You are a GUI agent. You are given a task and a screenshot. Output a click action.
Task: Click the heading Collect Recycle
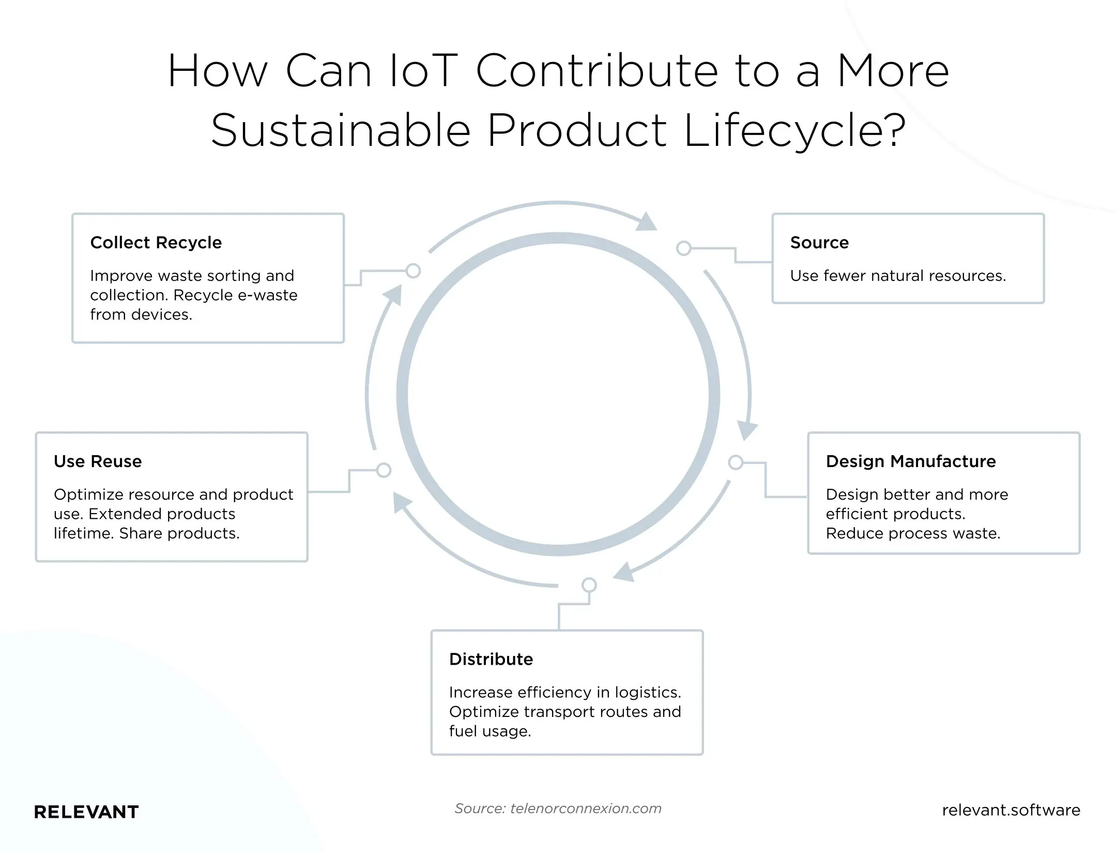point(156,243)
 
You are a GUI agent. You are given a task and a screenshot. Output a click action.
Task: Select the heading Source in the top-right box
point(819,243)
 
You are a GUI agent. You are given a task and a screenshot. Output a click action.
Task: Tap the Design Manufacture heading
point(910,461)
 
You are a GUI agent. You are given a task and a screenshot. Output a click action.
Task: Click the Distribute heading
point(491,660)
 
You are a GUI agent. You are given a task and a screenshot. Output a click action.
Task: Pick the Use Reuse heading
point(98,461)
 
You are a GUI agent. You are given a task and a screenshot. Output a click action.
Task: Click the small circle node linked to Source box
point(684,248)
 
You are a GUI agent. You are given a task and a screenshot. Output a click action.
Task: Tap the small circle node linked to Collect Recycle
point(413,271)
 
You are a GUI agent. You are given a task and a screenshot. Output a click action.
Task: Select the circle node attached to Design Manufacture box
point(736,462)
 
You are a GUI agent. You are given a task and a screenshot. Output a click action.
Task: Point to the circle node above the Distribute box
point(589,585)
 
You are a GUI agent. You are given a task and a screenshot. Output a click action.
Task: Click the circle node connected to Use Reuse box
point(384,470)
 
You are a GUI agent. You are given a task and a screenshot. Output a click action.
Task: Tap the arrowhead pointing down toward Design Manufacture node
point(746,430)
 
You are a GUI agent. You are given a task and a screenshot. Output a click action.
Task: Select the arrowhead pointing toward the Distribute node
point(624,573)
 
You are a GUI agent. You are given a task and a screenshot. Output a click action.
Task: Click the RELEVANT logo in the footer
point(86,812)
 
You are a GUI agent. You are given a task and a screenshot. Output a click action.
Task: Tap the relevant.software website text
point(1011,810)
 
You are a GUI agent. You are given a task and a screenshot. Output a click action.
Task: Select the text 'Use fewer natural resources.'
point(898,276)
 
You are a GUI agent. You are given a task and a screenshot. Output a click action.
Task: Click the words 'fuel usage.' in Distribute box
point(489,731)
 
